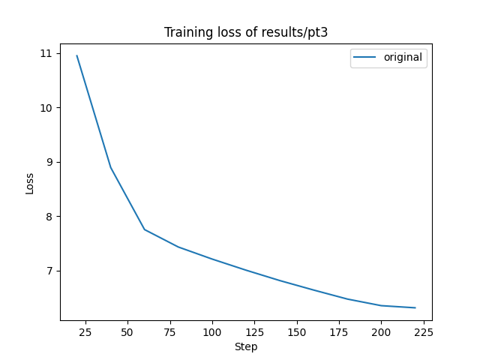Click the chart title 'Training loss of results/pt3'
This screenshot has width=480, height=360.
246,32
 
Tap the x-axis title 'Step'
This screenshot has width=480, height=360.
246,346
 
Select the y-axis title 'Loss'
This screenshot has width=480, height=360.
30,184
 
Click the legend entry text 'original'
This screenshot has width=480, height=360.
403,57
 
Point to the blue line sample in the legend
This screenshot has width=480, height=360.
366,57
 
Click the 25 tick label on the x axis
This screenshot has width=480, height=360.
85,331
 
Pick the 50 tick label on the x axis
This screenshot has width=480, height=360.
127,331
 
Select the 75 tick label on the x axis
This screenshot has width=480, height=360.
169,331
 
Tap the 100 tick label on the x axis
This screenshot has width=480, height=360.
212,331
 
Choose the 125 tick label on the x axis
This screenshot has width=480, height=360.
254,331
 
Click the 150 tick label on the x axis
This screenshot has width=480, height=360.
297,331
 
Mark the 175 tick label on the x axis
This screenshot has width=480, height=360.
339,331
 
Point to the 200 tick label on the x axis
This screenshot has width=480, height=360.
382,331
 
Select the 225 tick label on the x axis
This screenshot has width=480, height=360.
424,331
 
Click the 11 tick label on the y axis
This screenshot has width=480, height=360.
46,53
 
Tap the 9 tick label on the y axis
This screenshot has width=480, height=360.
49,162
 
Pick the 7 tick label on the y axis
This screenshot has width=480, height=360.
49,271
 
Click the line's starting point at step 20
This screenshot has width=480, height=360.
76,55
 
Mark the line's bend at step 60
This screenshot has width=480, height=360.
145,229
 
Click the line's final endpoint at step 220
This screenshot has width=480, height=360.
415,307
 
